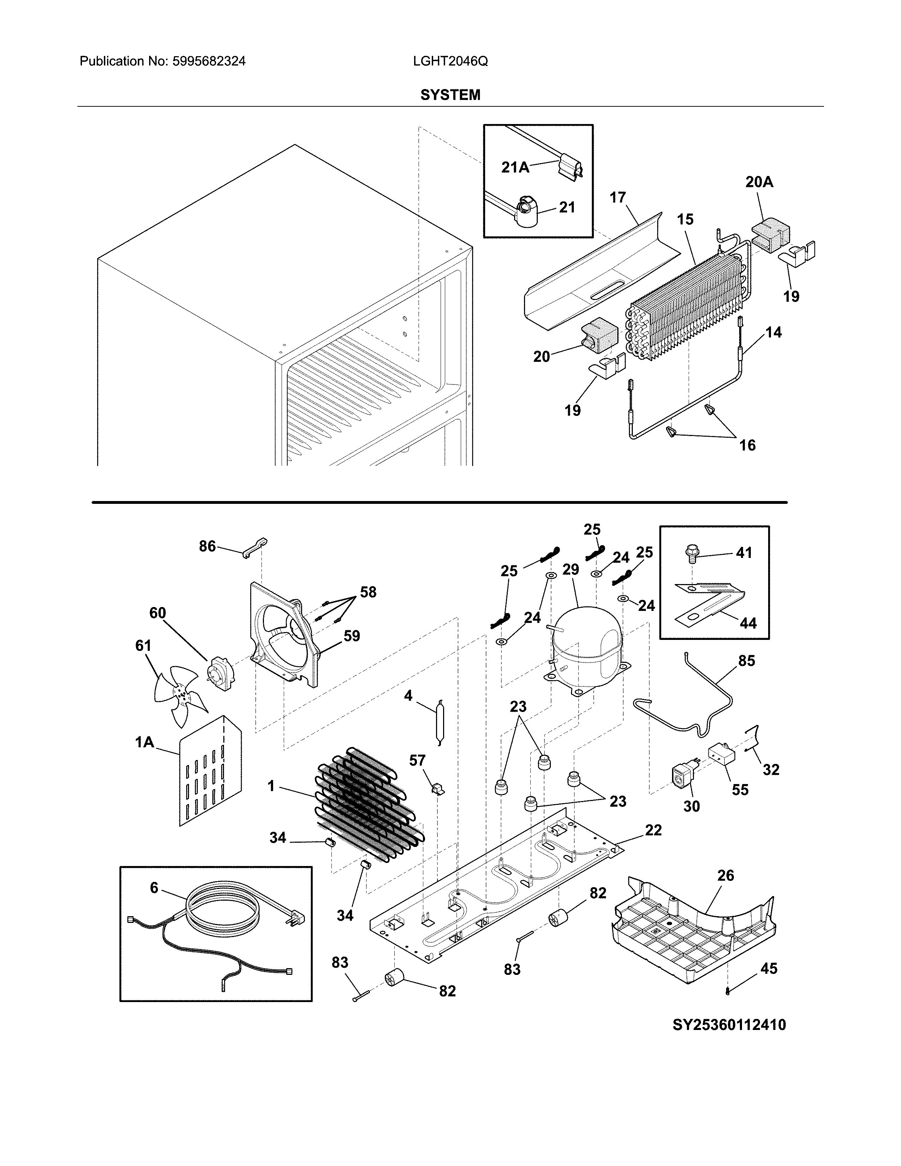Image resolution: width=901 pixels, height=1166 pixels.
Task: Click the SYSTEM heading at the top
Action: coord(450,95)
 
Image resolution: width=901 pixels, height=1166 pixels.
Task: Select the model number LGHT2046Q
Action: coord(450,61)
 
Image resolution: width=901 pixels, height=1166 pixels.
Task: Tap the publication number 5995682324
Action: coord(209,61)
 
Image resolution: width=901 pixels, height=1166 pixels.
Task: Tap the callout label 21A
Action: coord(515,167)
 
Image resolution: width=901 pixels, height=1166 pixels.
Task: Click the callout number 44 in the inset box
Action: coord(748,623)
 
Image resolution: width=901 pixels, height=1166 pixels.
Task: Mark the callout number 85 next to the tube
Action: coord(746,661)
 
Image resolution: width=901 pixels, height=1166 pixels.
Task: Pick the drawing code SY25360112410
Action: coord(729,1025)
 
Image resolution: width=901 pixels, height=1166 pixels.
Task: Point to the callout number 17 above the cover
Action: coord(618,198)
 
